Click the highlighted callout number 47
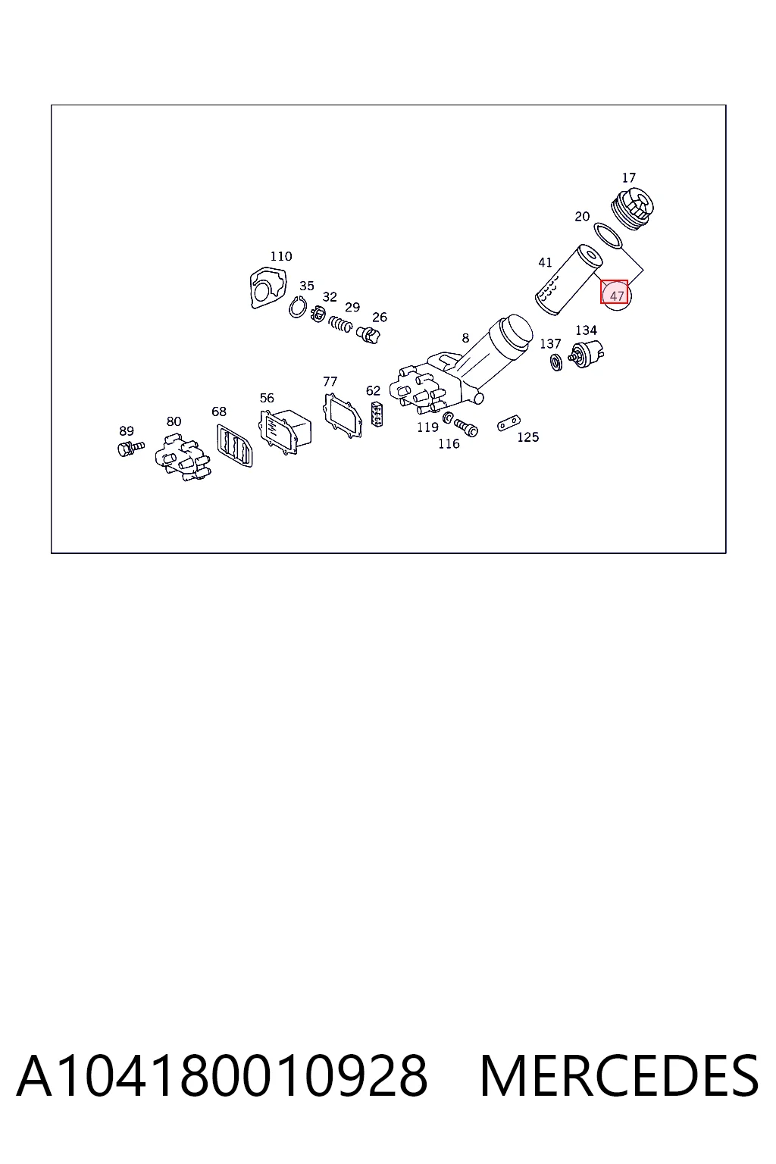[x=616, y=296]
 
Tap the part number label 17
[x=628, y=178]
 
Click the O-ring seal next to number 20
[x=608, y=236]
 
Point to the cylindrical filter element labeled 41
[x=568, y=280]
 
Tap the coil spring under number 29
[x=340, y=324]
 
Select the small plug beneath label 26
[x=368, y=335]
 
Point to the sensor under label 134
[x=587, y=353]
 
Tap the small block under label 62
[x=377, y=414]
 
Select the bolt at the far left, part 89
[x=130, y=447]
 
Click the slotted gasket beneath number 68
[x=234, y=445]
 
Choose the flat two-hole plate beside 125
[x=508, y=423]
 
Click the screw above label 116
[x=466, y=427]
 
